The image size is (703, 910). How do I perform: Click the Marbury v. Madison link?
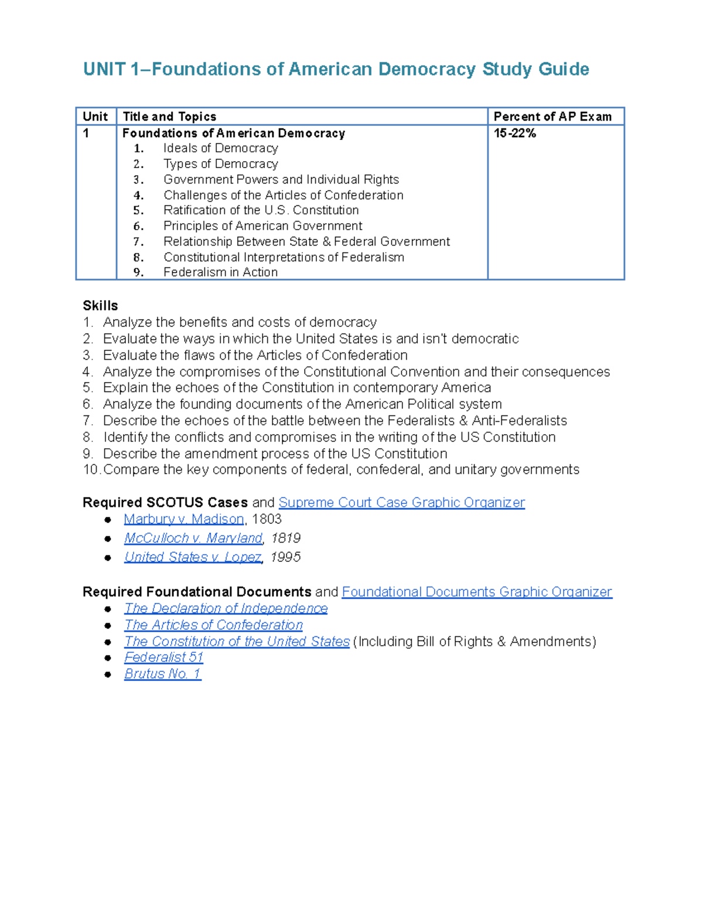183,519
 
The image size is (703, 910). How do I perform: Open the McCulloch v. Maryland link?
193,538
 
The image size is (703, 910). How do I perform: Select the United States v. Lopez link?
193,557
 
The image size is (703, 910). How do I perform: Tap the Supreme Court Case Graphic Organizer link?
401,503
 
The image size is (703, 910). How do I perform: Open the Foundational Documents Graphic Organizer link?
476,592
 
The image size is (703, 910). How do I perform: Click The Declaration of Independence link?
226,608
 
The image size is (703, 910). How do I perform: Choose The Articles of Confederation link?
213,625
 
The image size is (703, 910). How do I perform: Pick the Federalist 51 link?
163,657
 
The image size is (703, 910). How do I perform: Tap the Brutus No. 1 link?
162,674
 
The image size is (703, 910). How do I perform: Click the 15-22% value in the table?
514,134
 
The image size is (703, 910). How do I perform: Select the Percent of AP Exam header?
552,117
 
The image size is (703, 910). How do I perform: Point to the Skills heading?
100,306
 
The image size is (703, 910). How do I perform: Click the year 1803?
267,519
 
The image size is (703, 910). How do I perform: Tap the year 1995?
285,557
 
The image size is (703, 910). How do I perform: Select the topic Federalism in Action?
220,272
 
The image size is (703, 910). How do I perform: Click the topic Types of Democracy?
220,164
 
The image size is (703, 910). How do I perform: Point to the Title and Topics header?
169,117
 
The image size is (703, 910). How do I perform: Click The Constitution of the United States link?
237,641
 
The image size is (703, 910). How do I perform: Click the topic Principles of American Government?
262,226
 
